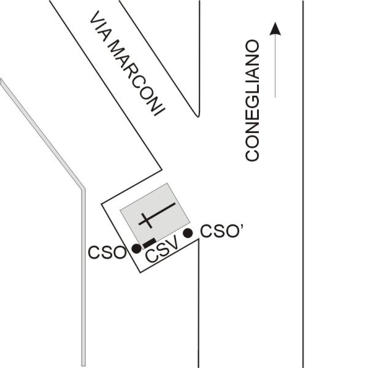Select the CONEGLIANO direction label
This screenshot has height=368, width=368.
pyautogui.click(x=253, y=101)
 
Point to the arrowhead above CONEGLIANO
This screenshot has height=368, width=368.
pyautogui.click(x=276, y=28)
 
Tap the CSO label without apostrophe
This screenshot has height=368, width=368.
pyautogui.click(x=108, y=252)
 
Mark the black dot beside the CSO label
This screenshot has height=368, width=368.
pyautogui.click(x=137, y=248)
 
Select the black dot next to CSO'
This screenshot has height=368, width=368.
pyautogui.click(x=188, y=232)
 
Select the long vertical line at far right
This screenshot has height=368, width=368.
pyautogui.click(x=303, y=184)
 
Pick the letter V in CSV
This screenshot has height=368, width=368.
pyautogui.click(x=174, y=245)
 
